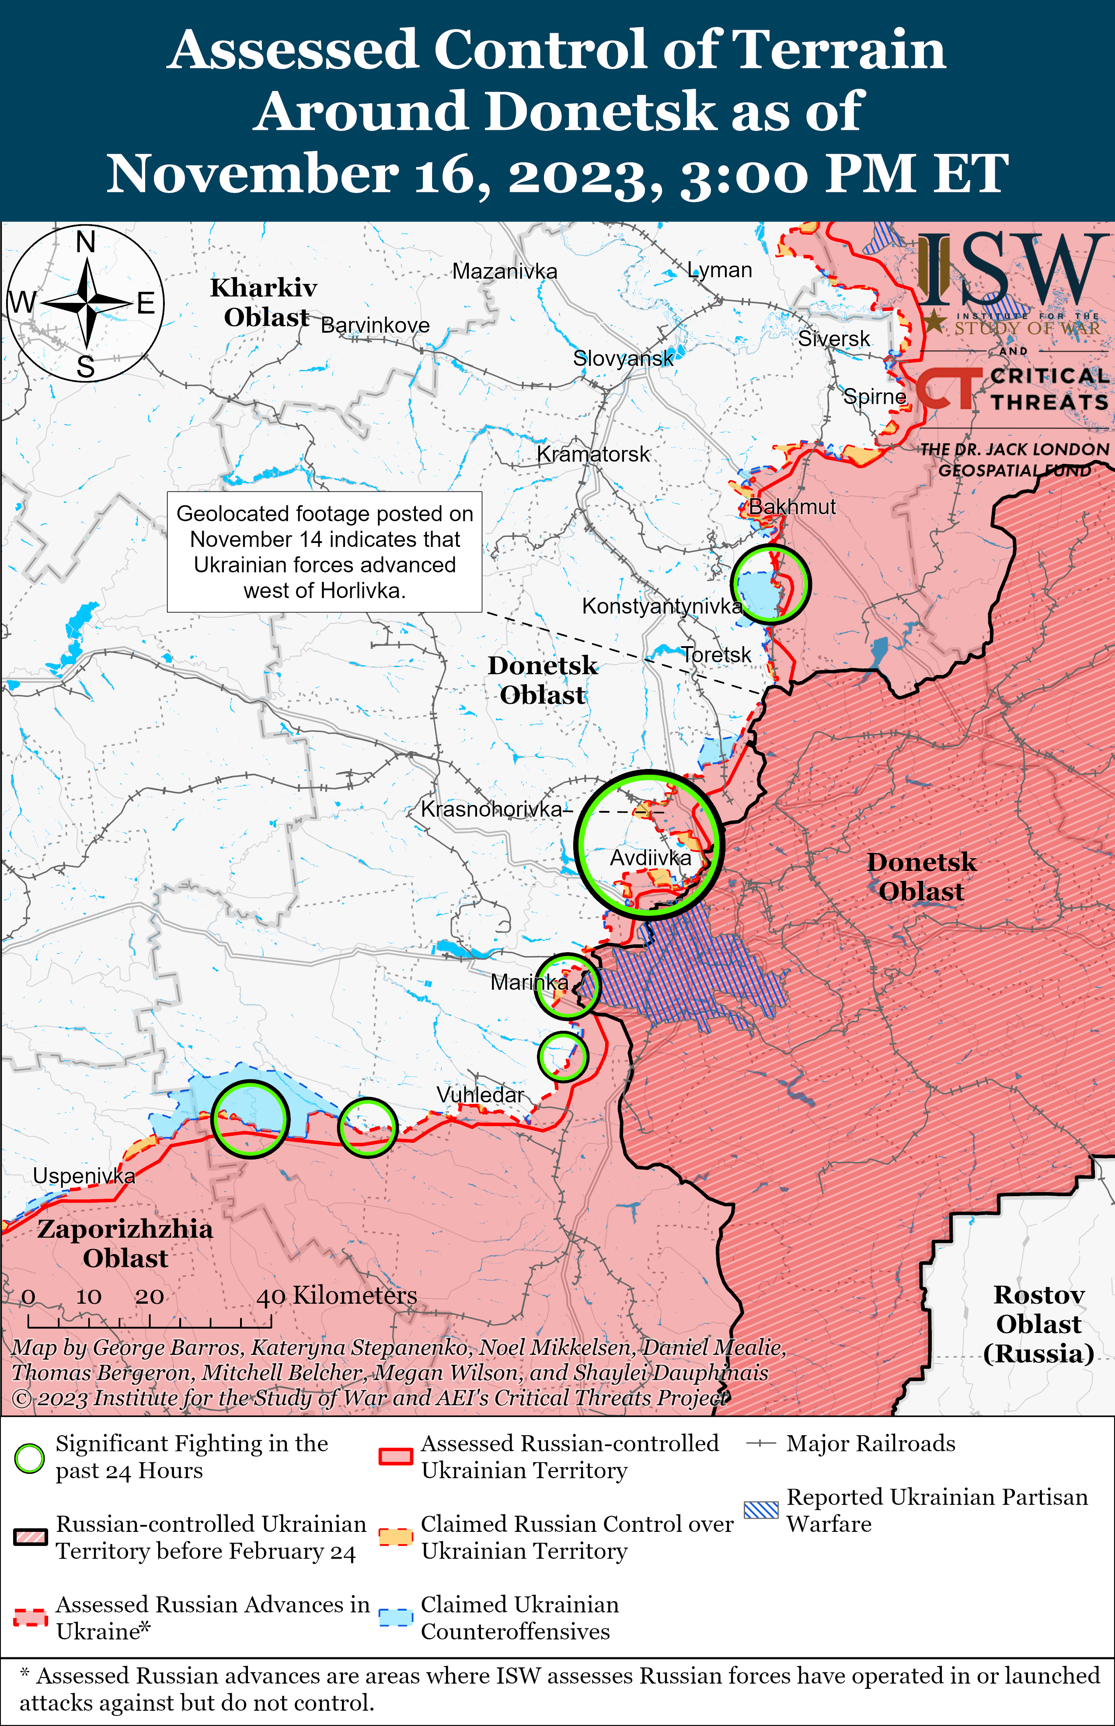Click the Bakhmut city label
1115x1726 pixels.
[791, 507]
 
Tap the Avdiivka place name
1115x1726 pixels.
[650, 858]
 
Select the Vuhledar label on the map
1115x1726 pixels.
[480, 1095]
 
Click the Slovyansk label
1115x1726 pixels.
[623, 358]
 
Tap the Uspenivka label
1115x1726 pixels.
[84, 1176]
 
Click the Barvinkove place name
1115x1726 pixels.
[375, 326]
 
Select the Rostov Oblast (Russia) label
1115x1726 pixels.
[1038, 1324]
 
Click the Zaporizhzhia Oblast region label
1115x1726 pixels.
[125, 1243]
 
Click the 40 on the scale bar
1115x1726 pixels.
[270, 1297]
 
